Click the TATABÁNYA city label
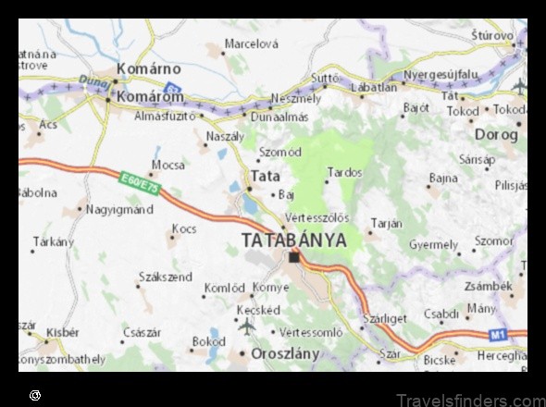coord(293,240)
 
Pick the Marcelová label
coord(253,43)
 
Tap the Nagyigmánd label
coord(120,210)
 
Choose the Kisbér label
coord(64,331)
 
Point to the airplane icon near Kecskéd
coord(247,326)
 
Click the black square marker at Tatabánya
coord(294,256)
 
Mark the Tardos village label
coord(344,172)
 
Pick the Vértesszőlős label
coord(316,217)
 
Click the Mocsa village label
coord(168,165)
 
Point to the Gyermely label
coord(434,245)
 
